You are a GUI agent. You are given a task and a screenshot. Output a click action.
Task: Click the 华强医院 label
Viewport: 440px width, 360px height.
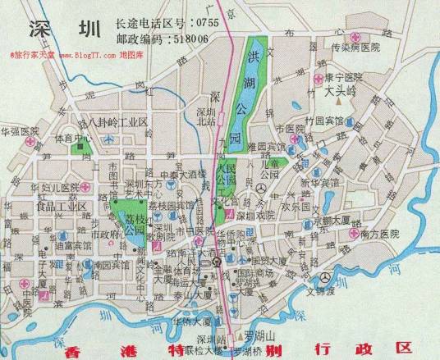click(24, 130)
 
